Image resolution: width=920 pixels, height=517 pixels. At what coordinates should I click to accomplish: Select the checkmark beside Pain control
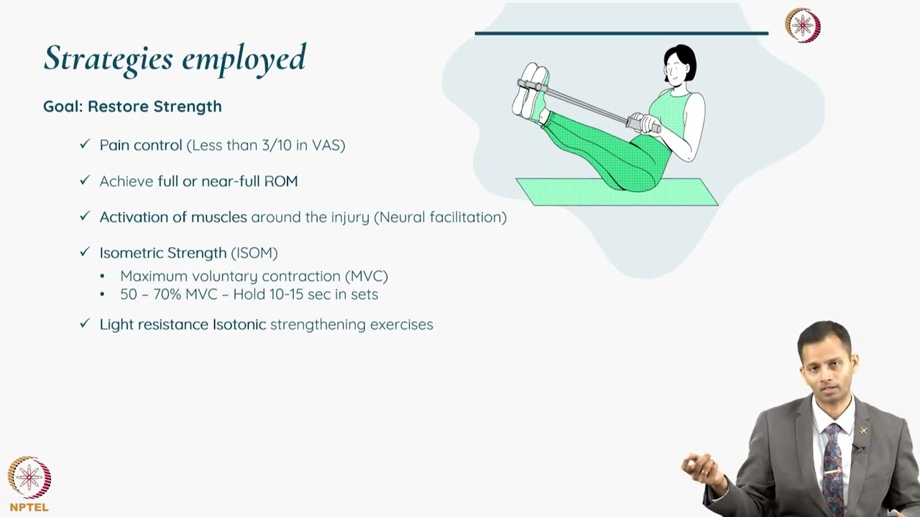point(85,144)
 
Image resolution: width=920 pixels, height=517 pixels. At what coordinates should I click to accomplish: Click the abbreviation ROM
point(281,181)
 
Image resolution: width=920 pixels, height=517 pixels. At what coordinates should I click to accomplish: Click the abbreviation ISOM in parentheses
point(254,253)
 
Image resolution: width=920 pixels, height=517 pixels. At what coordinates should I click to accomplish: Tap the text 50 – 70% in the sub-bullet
point(150,294)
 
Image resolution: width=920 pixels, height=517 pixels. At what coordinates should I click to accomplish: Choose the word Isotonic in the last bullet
point(239,325)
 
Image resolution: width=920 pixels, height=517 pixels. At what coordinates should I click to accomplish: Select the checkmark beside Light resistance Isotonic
point(85,324)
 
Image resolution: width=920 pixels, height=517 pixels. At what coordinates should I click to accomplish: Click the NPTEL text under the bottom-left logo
point(29,507)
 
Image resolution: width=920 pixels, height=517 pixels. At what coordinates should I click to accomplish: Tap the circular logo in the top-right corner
point(802,26)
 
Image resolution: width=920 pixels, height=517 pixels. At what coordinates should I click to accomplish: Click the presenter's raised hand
point(701,470)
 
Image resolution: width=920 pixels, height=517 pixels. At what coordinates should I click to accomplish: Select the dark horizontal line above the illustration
point(621,33)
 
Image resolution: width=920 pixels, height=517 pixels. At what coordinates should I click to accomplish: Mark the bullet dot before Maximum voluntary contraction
point(102,276)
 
